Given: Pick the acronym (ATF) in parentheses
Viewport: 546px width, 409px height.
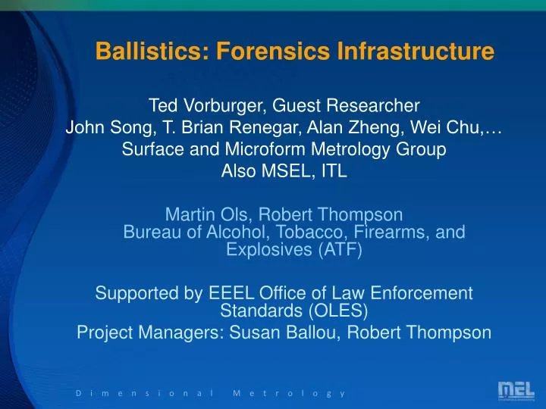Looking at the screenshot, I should (x=333, y=249).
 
